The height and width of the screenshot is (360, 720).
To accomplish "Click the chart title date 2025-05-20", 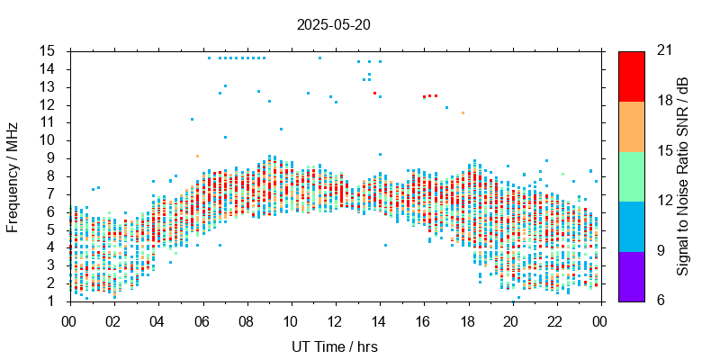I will [x=333, y=24].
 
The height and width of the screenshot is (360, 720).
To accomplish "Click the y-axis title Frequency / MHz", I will [x=13, y=175].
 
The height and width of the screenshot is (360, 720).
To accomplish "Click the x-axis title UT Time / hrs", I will [x=333, y=346].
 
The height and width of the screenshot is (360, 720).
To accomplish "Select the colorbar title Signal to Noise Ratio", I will [x=683, y=175].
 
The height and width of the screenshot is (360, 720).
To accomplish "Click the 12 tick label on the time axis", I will [x=335, y=320].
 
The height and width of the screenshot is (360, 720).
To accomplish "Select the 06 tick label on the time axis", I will [x=202, y=320].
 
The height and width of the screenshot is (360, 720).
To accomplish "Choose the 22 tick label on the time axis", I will [x=556, y=320].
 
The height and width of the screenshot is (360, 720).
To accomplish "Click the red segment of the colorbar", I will [x=631, y=76].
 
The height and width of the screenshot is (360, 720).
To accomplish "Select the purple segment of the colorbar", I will [x=631, y=275].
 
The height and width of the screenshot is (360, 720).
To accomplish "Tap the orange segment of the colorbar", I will [x=631, y=126].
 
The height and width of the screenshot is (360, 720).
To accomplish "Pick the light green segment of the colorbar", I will [x=631, y=175].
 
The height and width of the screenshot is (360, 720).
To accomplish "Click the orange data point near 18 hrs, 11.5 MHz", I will [x=463, y=113].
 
